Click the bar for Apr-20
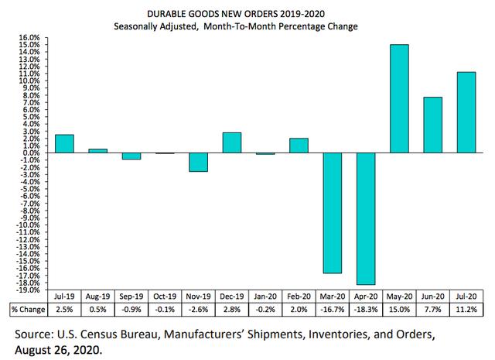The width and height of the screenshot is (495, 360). (x=365, y=218)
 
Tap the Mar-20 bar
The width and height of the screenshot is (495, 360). (x=332, y=213)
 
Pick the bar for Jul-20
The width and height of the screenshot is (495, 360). (x=466, y=112)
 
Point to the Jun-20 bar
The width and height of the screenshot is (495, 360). (x=432, y=125)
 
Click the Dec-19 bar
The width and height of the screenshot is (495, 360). (x=231, y=142)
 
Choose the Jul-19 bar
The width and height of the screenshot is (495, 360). (x=64, y=143)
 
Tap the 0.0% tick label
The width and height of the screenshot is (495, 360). (x=28, y=153)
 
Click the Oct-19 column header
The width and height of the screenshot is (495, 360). (x=165, y=297)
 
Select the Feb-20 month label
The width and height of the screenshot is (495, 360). (x=299, y=297)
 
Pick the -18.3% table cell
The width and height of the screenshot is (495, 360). (x=365, y=309)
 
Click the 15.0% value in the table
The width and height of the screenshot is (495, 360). (x=399, y=309)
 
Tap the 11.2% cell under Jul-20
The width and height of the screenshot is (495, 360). (x=466, y=309)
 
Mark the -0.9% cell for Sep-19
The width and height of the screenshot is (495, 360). (x=131, y=309)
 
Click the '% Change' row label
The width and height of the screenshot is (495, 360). (x=24, y=309)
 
